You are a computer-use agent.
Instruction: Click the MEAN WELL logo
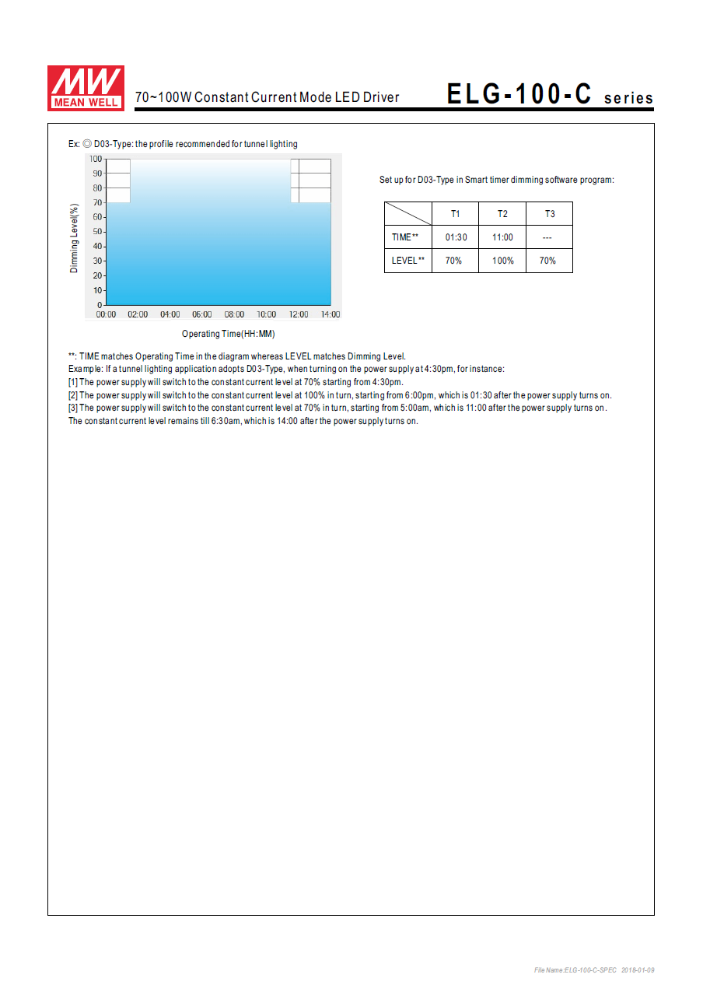coord(86,87)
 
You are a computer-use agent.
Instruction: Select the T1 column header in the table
coord(456,214)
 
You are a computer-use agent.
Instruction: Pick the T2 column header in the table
coord(502,214)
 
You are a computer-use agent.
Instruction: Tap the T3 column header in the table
coord(549,214)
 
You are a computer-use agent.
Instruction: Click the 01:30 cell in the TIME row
coord(456,237)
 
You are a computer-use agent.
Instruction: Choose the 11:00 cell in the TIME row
coord(502,237)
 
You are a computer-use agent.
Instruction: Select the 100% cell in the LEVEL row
coord(502,261)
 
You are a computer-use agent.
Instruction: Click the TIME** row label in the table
coord(405,237)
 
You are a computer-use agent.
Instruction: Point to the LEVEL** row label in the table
coord(407,261)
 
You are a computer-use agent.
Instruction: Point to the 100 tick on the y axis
coord(96,159)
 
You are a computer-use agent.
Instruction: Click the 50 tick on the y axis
coord(98,232)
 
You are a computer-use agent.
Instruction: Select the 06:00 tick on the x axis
coord(202,314)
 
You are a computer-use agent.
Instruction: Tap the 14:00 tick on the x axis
coord(331,314)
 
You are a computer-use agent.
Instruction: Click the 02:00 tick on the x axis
coord(138,314)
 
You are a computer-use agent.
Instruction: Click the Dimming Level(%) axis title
coord(75,238)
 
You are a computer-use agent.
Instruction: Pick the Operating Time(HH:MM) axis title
coord(229,334)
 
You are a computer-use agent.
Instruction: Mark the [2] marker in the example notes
coord(74,395)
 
